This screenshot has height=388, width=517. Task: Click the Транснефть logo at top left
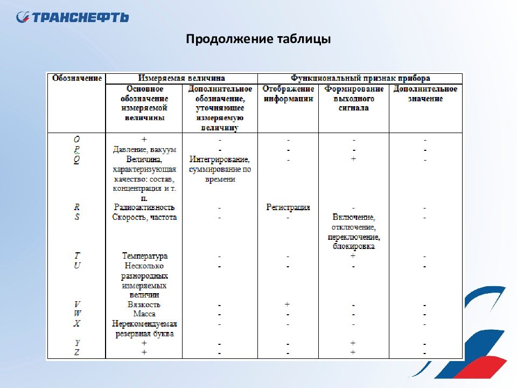72,17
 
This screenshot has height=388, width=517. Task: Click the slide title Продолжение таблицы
258,39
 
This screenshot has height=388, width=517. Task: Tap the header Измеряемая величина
181,78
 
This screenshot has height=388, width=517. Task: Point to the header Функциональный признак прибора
360,78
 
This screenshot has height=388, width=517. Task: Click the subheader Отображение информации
288,94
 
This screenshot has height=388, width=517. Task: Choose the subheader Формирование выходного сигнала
354,98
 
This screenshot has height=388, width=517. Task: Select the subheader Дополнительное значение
425,94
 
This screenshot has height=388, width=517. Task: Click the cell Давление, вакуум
144,149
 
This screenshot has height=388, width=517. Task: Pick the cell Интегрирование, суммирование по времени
220,169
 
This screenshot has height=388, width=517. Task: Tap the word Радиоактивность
144,207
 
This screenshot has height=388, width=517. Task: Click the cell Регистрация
288,207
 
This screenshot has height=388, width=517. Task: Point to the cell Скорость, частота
144,217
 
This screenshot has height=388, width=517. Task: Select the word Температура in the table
144,256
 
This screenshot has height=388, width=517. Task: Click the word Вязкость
144,304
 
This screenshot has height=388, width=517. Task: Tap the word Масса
144,314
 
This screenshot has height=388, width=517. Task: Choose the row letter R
77,207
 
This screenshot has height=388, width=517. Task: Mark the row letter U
77,266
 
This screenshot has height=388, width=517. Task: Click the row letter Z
77,352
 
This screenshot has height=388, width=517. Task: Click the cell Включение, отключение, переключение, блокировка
354,232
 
